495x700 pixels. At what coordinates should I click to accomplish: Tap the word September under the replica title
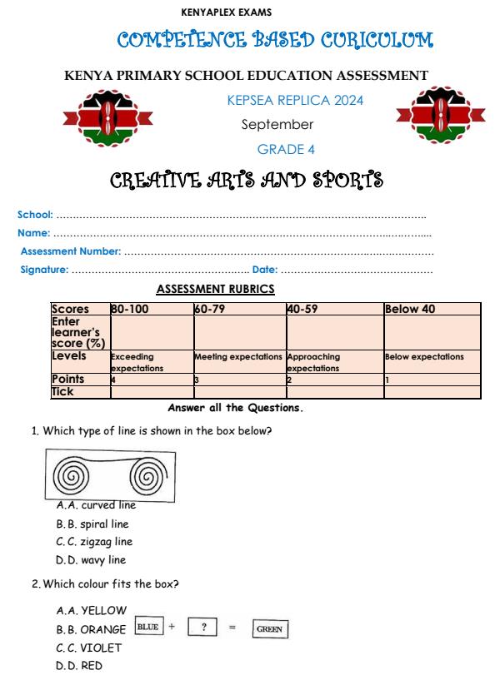pos(277,125)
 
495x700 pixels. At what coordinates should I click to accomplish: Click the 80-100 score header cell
pos(151,309)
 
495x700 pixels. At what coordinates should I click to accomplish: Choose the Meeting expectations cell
pos(238,356)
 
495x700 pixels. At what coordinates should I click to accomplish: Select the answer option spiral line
pos(104,524)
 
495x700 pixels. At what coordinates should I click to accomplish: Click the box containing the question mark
pos(203,627)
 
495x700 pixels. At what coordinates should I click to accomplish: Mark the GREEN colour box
pos(270,629)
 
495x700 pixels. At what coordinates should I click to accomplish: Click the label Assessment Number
pos(71,251)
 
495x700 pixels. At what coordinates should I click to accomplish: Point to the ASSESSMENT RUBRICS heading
pos(215,289)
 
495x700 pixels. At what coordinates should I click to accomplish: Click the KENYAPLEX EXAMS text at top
pos(226,12)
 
